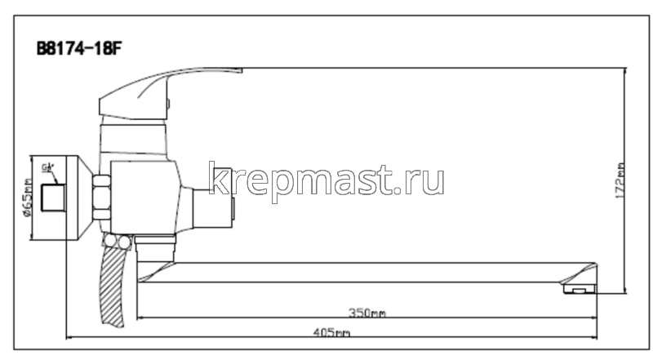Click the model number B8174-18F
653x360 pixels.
[78, 47]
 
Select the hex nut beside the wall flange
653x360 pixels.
[101, 198]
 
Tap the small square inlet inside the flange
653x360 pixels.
[54, 198]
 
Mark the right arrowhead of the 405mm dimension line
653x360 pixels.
[597, 336]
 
